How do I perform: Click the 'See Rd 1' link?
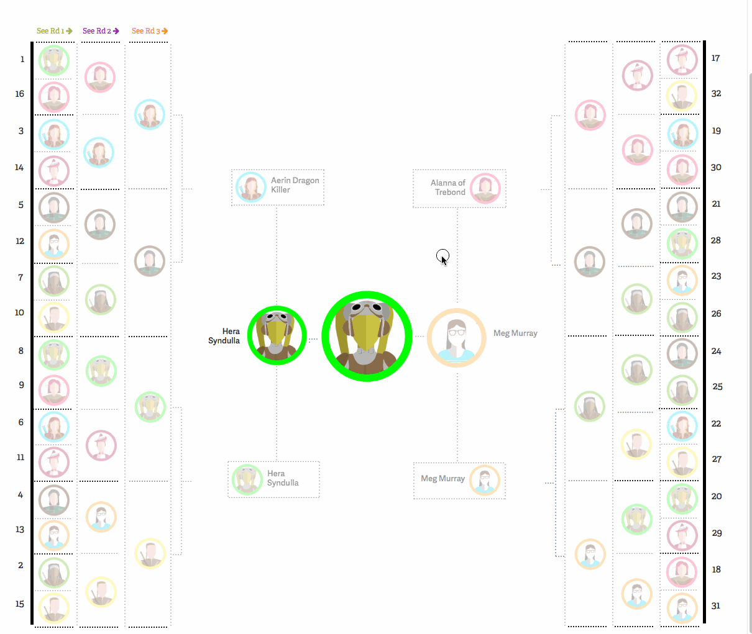(x=55, y=31)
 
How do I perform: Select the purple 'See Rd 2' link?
(x=101, y=31)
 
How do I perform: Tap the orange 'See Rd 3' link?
(x=150, y=31)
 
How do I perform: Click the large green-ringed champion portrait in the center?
(x=367, y=337)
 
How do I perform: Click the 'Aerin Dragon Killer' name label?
(x=295, y=185)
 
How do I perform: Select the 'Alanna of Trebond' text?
(x=448, y=188)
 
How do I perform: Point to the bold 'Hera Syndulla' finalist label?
(x=224, y=336)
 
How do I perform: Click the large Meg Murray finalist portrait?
(x=457, y=338)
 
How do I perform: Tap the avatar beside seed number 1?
(x=54, y=60)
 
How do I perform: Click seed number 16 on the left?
(x=19, y=94)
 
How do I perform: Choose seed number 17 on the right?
(x=715, y=58)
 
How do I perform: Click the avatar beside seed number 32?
(x=682, y=96)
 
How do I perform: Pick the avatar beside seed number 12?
(x=54, y=244)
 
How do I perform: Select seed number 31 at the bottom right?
(x=716, y=606)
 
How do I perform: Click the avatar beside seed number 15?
(x=54, y=608)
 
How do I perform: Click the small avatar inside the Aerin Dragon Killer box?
(x=251, y=187)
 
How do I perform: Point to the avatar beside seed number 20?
(x=682, y=499)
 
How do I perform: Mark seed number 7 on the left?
(x=21, y=278)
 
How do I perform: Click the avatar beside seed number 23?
(x=682, y=280)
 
